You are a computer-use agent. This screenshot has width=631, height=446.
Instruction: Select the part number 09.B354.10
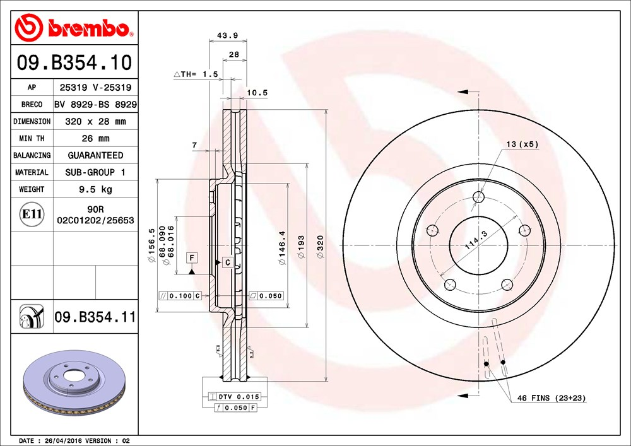pos(74,63)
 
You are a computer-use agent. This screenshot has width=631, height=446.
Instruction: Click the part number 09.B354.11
pos(95,317)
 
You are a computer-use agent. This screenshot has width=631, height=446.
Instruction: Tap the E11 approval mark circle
pos(32,214)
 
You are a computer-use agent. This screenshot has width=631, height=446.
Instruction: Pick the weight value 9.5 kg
pos(95,189)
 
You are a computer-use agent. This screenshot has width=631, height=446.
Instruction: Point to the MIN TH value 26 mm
pos(95,138)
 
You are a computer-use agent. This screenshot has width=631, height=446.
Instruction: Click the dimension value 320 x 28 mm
pos(95,121)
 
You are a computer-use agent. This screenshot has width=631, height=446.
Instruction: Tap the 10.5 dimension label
pos(257,93)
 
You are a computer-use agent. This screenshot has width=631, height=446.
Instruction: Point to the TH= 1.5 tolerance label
pos(196,74)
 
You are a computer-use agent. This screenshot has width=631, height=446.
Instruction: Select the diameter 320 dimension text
pos(320,249)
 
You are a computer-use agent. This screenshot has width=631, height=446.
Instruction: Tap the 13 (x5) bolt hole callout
pos(521,144)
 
